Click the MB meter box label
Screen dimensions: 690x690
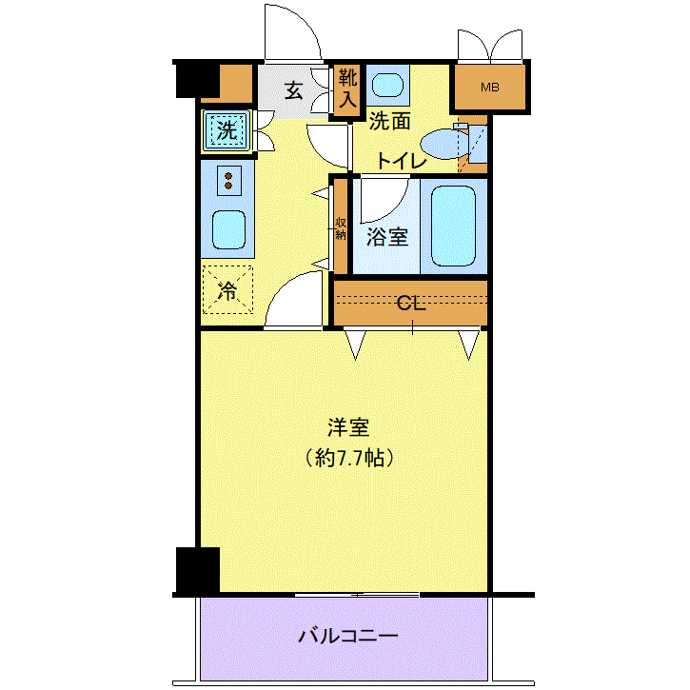[489, 88]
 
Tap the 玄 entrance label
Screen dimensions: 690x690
[293, 90]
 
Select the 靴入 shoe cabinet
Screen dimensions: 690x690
[347, 89]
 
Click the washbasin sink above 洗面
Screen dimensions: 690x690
[387, 85]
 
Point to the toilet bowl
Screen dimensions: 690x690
[444, 144]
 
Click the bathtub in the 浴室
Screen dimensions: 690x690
[453, 227]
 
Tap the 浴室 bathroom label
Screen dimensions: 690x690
[387, 237]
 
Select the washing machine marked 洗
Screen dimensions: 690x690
[227, 130]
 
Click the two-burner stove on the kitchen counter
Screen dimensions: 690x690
[228, 181]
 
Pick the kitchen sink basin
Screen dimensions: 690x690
[228, 229]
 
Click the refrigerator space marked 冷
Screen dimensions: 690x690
[227, 289]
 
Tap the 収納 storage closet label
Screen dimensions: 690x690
[341, 228]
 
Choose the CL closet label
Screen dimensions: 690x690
[411, 304]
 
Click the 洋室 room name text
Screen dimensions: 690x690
[348, 427]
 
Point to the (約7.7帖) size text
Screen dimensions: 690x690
[349, 458]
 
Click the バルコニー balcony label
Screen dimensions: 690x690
[348, 636]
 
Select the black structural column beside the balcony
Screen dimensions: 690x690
[198, 570]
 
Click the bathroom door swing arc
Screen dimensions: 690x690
[394, 207]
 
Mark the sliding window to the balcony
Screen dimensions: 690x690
[357, 595]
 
